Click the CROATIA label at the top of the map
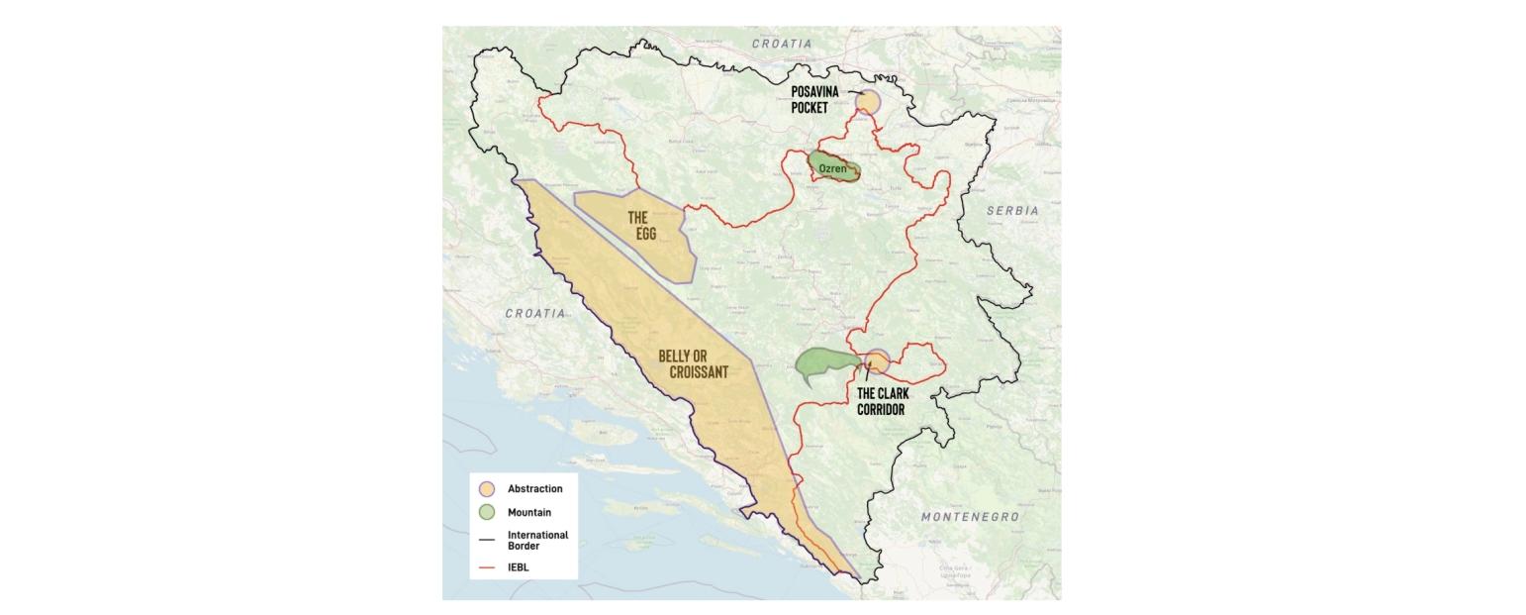click(x=782, y=44)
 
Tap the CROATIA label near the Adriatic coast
click(x=535, y=313)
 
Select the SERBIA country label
click(x=1012, y=211)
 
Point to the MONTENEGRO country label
click(x=970, y=517)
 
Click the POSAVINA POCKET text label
click(x=814, y=100)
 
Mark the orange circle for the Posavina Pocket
click(x=868, y=102)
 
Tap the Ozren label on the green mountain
click(x=833, y=168)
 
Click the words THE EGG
click(x=640, y=225)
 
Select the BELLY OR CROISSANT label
click(x=693, y=364)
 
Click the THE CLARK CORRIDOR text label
click(x=883, y=401)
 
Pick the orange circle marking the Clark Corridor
click(x=877, y=362)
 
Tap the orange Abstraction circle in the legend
click(x=486, y=489)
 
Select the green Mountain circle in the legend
click(x=486, y=513)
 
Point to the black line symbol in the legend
click(x=486, y=540)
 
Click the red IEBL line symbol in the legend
click(x=486, y=567)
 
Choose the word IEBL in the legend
click(x=518, y=567)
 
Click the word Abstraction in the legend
click(x=534, y=489)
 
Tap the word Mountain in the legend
click(x=529, y=513)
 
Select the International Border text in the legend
click(x=537, y=540)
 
